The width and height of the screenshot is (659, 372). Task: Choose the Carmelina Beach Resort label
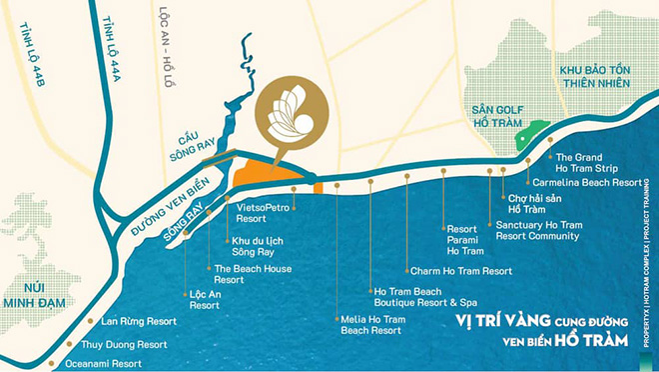[587, 184]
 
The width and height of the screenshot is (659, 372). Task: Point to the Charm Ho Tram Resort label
[460, 271]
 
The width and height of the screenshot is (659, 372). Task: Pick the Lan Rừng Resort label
[139, 322]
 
